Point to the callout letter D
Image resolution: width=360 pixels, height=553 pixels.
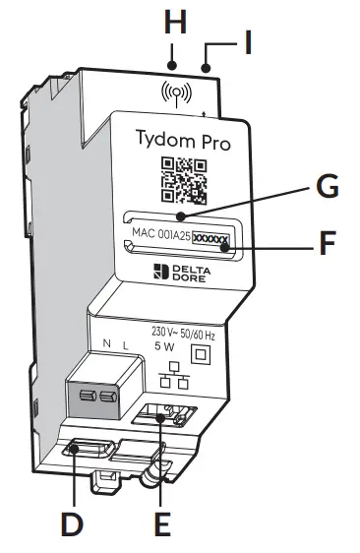(x=70, y=522)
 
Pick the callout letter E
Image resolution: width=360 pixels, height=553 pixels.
(x=163, y=522)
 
